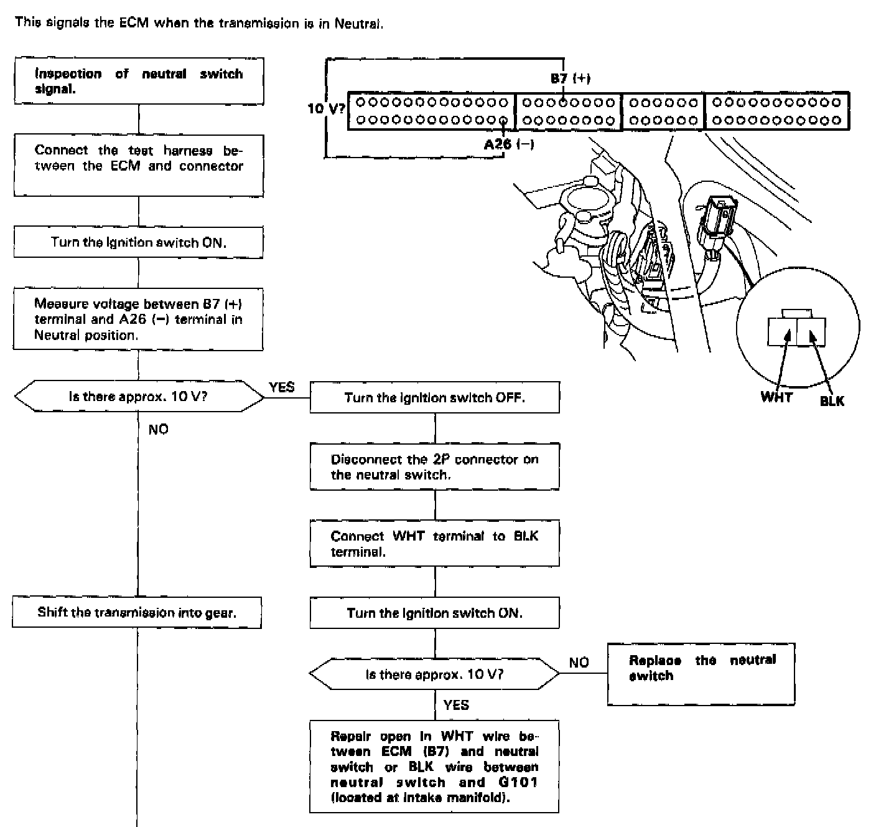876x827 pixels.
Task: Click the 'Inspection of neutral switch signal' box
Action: pos(139,81)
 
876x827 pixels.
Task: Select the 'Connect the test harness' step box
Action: pos(139,166)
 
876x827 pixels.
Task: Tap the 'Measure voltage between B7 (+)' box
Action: pos(138,319)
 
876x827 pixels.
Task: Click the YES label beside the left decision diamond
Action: pos(282,387)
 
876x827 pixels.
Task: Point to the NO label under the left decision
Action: pos(158,429)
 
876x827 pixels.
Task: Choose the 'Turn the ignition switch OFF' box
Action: pos(434,397)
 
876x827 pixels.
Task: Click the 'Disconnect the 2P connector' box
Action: pos(434,466)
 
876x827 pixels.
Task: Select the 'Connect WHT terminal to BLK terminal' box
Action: pos(434,544)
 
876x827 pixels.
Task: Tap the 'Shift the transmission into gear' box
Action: pos(137,612)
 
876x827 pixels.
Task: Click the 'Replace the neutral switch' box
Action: pos(701,674)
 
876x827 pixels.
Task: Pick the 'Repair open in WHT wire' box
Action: pos(434,767)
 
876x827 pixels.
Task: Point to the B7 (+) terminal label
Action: pos(571,78)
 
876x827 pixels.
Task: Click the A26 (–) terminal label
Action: pos(509,144)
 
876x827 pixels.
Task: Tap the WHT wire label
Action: pos(776,397)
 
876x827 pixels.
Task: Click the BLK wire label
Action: pos(832,401)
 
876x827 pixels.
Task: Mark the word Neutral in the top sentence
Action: pos(358,24)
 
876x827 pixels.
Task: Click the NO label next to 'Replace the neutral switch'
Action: pos(579,662)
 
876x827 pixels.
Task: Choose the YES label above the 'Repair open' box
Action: pos(456,705)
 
